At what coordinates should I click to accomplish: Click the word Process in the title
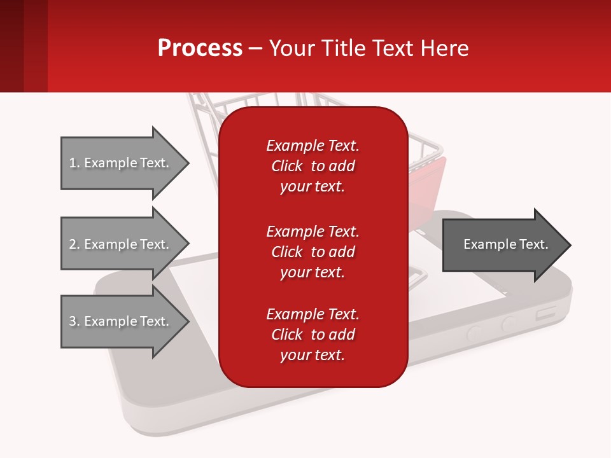(200, 48)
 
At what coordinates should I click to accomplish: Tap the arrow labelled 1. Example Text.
(121, 163)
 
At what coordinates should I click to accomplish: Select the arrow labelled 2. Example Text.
(121, 244)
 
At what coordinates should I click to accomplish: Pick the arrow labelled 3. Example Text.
(121, 321)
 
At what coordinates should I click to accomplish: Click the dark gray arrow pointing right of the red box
(503, 245)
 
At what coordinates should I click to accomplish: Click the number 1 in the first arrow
(73, 163)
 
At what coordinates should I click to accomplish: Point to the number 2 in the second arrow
(73, 244)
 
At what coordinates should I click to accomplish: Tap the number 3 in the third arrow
(73, 321)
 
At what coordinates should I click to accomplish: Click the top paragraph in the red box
(313, 166)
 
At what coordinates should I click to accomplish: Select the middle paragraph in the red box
(313, 251)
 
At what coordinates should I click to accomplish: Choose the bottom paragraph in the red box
(313, 335)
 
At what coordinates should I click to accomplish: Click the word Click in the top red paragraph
(286, 166)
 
